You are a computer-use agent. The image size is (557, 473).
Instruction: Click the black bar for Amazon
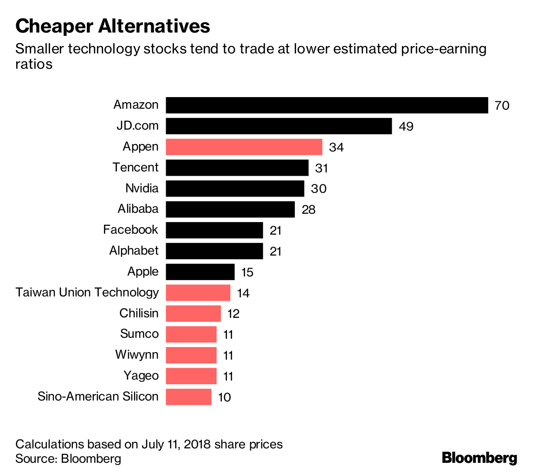[x=327, y=105]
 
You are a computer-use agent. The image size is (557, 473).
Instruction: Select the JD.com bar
[x=278, y=126]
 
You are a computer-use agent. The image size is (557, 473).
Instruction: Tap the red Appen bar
[x=244, y=147]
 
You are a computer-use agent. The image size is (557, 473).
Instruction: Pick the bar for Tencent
[x=237, y=168]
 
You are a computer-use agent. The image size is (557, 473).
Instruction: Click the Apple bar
[x=200, y=272]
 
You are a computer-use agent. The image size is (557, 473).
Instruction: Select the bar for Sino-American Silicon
[x=188, y=397]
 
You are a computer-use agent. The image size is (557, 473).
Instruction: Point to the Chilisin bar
[x=193, y=314]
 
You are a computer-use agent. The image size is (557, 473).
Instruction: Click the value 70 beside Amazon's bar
[x=502, y=105]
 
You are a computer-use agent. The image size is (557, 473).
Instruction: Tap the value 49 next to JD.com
[x=406, y=126]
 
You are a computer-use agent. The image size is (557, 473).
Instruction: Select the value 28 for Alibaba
[x=308, y=210]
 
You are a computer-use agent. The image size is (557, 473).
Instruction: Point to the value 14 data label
[x=243, y=293]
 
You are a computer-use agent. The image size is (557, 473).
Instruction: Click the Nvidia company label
[x=142, y=188]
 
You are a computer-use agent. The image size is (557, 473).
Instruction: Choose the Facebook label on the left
[x=130, y=230]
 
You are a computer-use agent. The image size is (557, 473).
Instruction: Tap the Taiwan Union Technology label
[x=87, y=292]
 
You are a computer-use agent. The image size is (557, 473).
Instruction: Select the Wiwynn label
[x=137, y=355]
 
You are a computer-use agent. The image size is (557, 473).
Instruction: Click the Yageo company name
[x=141, y=375]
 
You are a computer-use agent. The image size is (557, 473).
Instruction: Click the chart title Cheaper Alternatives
[x=113, y=26]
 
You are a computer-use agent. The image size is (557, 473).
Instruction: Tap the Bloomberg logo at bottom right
[x=479, y=458]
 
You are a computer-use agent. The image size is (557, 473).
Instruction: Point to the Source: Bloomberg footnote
[x=68, y=459]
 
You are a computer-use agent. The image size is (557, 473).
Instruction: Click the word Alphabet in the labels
[x=134, y=251]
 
